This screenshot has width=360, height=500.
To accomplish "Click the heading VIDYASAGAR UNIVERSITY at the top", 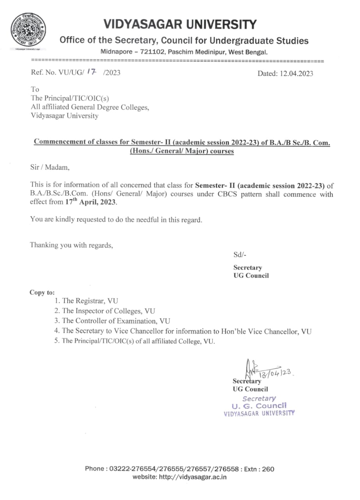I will coord(180,24).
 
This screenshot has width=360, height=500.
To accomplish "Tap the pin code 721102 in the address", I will coord(149,52).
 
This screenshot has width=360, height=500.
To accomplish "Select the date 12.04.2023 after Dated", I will coord(296,73).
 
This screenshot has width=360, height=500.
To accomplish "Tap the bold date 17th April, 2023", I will coord(91,202).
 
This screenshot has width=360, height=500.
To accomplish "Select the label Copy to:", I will coord(42,292).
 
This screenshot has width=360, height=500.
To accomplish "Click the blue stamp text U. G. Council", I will coord(259,406).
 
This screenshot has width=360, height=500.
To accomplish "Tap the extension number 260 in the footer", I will coord(268,469).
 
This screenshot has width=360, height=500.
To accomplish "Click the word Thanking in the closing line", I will coord(45,245).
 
